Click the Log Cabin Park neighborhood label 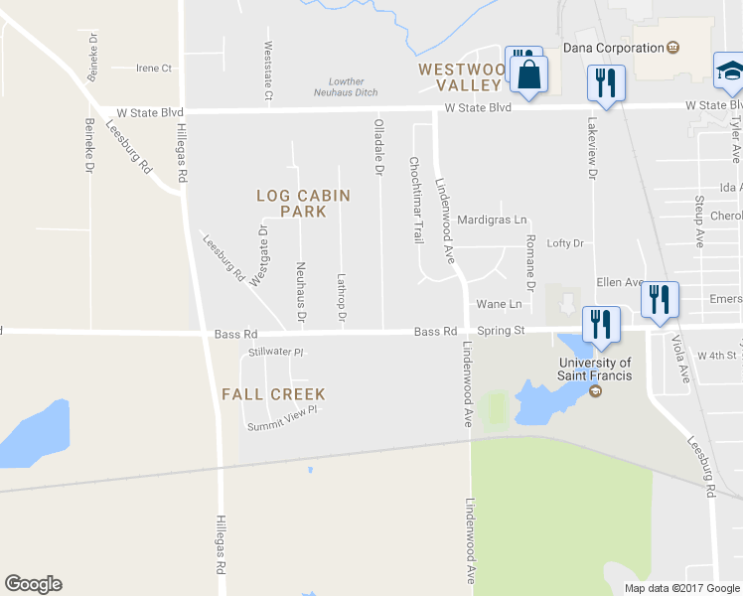pyautogui.click(x=303, y=204)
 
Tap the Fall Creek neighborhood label pyautogui.click(x=273, y=394)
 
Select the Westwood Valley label pyautogui.click(x=463, y=77)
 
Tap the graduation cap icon pyautogui.click(x=729, y=72)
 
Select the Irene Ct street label pyautogui.click(x=154, y=69)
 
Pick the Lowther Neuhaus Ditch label pyautogui.click(x=347, y=88)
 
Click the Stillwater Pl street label pyautogui.click(x=275, y=352)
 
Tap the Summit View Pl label pyautogui.click(x=282, y=418)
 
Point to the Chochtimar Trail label pyautogui.click(x=416, y=199)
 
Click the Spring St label pyautogui.click(x=500, y=331)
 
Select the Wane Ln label pyautogui.click(x=499, y=304)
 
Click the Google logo pyautogui.click(x=33, y=584)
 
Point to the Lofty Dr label pyautogui.click(x=565, y=243)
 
